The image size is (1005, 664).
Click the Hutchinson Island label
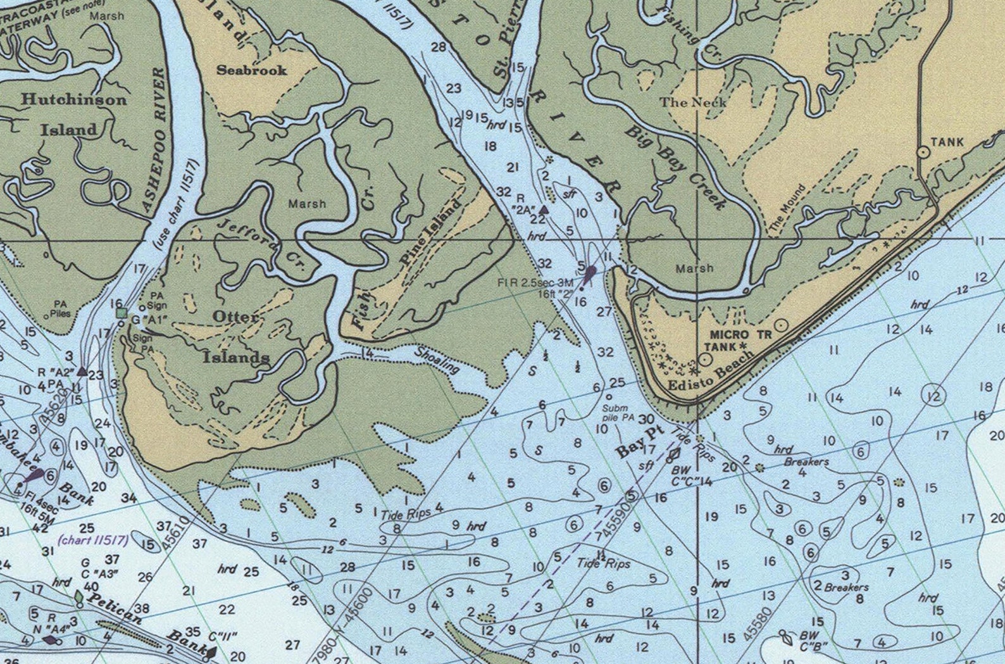73,115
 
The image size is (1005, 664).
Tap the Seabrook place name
251,70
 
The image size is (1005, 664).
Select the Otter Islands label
235,337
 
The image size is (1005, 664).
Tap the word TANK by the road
947,142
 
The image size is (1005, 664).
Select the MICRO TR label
741,334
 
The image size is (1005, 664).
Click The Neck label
692,102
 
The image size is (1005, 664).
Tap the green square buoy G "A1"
121,313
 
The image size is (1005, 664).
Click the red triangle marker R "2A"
543,209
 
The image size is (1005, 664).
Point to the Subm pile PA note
618,413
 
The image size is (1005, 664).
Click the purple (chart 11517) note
93,540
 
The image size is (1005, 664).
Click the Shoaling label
437,360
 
